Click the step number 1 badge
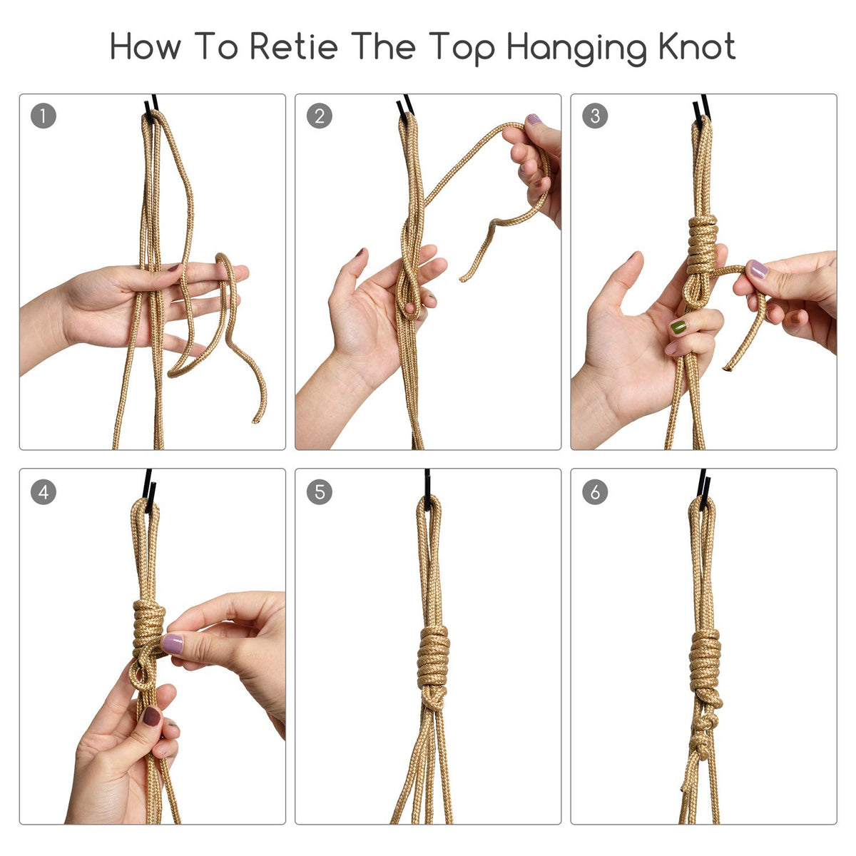(43, 116)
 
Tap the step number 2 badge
(319, 116)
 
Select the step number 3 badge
(595, 116)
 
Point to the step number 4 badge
(43, 491)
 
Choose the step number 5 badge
(319, 491)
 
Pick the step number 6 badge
(595, 491)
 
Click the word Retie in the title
(294, 46)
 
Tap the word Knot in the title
(696, 46)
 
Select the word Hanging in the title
(576, 49)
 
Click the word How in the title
(146, 46)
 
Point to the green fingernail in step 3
(678, 327)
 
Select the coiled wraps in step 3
(703, 245)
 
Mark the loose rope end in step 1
(256, 419)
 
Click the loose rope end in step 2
(462, 278)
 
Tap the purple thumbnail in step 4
(172, 643)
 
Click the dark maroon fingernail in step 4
(151, 716)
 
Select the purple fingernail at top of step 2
(534, 118)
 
